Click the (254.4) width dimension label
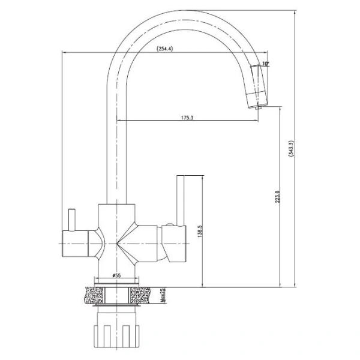(x=164, y=49)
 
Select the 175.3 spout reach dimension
(x=187, y=118)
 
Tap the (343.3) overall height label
(x=291, y=149)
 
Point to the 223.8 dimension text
(x=277, y=197)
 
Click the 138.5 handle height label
(x=200, y=231)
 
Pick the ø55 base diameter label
(x=116, y=275)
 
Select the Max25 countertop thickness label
(x=163, y=295)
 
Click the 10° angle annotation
(x=265, y=64)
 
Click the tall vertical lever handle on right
(x=180, y=200)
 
